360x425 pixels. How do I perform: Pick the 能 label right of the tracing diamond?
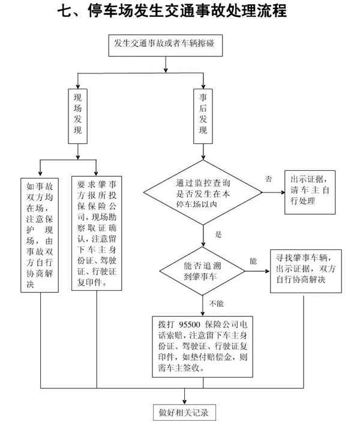point(252,261)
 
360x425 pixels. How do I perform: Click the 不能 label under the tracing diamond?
point(217,303)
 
